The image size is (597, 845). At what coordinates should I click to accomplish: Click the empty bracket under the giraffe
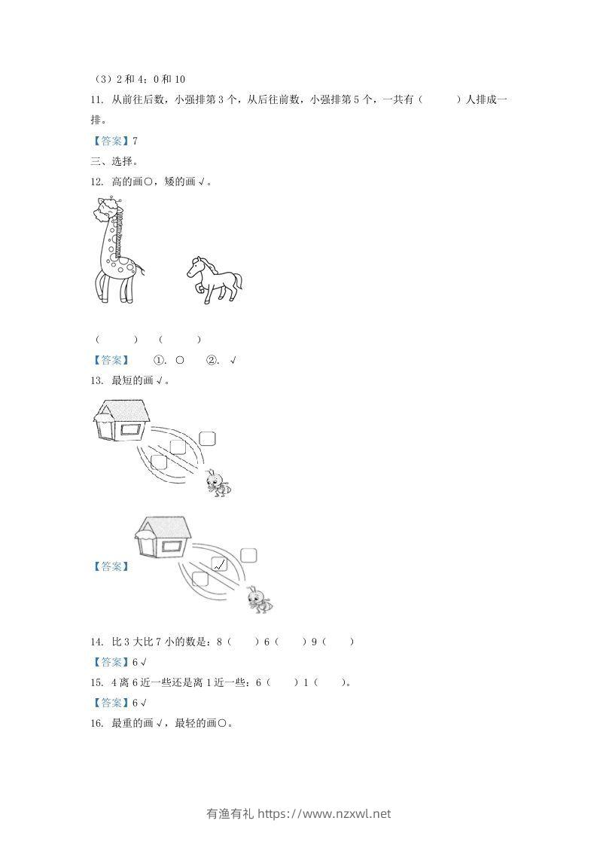(x=116, y=340)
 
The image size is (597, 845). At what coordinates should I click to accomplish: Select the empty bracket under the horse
(x=180, y=340)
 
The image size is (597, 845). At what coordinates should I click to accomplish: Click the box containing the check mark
(x=219, y=565)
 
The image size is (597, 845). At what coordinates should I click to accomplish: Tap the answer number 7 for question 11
(x=135, y=141)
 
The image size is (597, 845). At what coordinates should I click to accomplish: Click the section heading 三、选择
(x=114, y=160)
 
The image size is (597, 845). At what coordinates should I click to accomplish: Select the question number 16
(x=96, y=723)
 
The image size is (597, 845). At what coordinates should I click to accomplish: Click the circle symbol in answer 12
(x=180, y=360)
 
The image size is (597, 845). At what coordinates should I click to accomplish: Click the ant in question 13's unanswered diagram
(x=218, y=482)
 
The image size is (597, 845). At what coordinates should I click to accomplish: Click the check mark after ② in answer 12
(x=233, y=360)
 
